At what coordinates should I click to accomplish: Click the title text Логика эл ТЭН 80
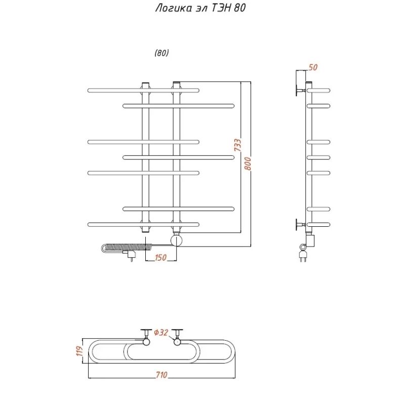pyautogui.click(x=200, y=9)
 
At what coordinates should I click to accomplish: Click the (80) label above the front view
pyautogui.click(x=162, y=53)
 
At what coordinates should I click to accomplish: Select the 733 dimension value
pyautogui.click(x=237, y=146)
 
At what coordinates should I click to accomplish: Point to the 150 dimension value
pyautogui.click(x=160, y=258)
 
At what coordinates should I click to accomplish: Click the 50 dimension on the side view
pyautogui.click(x=312, y=67)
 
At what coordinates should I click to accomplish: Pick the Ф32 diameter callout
pyautogui.click(x=160, y=333)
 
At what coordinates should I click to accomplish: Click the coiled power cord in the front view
pyautogui.click(x=127, y=247)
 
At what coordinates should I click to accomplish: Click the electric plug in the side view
pyautogui.click(x=303, y=253)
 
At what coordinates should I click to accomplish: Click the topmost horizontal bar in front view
pyautogui.click(x=143, y=90)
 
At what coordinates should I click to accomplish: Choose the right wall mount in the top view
pyautogui.click(x=177, y=336)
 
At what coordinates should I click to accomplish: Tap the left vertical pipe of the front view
pyautogui.click(x=145, y=152)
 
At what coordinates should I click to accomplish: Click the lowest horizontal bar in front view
pyautogui.click(x=143, y=224)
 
